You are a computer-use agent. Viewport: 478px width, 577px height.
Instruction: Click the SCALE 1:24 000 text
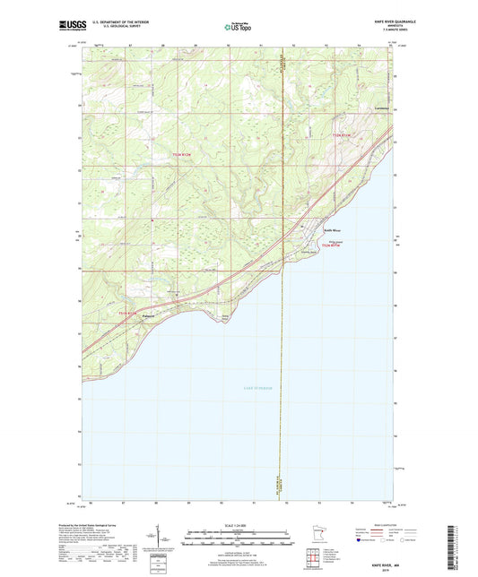click(237, 525)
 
